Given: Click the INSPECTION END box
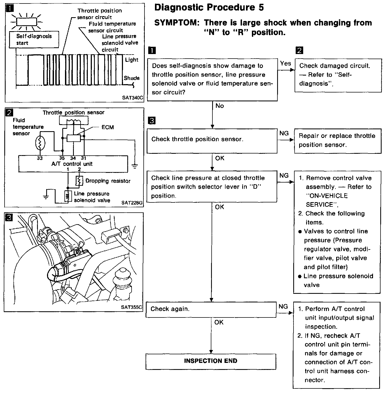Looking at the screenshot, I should click(211, 361).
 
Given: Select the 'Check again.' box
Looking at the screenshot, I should click(211, 309).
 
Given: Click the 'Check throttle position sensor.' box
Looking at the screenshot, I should click(212, 139).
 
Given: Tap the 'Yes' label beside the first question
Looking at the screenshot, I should click(285, 63).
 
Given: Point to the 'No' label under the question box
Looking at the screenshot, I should click(220, 106).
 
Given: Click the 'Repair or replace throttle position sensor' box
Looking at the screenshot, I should click(338, 140).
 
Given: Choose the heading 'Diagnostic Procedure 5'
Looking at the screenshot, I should click(209, 8).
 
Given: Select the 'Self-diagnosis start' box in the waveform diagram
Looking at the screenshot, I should click(34, 40).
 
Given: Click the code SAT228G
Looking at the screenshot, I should click(132, 203).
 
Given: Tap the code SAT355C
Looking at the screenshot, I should click(132, 307).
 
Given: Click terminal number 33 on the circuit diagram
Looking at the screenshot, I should click(40, 158).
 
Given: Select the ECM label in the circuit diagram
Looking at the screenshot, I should click(108, 127).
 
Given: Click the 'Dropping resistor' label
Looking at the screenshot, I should click(108, 181).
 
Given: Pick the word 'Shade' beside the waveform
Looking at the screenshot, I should click(132, 78).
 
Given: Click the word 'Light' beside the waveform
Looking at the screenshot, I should click(132, 60).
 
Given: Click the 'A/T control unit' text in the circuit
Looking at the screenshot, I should click(72, 164).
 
